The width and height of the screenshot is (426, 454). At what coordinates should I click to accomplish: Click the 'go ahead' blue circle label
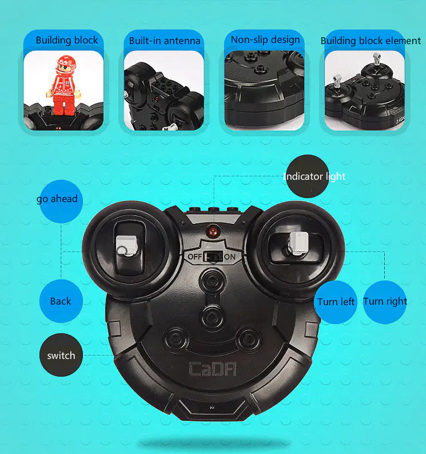(61, 201)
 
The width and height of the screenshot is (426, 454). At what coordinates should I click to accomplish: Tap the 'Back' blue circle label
(61, 301)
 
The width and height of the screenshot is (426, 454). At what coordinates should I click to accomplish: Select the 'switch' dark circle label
(61, 355)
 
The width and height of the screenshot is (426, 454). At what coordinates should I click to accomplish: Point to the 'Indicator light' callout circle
(308, 176)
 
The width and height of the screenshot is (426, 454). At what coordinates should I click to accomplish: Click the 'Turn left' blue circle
(336, 302)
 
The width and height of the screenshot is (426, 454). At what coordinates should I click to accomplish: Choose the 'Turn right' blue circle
(385, 302)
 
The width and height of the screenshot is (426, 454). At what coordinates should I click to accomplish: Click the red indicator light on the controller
(213, 232)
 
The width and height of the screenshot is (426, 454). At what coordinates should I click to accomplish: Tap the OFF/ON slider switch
(213, 256)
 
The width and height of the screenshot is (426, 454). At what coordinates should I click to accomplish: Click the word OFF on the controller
(194, 257)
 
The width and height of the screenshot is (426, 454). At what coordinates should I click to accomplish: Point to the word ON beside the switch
(230, 257)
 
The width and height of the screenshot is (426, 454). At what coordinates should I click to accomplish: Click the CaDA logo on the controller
(213, 369)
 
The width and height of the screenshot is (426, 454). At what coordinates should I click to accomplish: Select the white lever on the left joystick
(127, 246)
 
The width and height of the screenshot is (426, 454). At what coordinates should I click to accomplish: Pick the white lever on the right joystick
(298, 243)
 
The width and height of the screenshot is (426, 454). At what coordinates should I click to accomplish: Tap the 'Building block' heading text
(67, 40)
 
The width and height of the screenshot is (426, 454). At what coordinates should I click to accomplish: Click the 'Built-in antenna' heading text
(165, 41)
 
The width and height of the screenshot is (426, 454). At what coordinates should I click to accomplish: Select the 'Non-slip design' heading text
(265, 40)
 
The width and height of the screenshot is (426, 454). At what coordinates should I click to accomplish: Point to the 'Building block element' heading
(371, 41)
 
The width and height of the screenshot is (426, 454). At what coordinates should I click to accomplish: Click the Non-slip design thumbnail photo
(264, 90)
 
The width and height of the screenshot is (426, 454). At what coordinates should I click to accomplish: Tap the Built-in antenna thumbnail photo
(164, 90)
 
